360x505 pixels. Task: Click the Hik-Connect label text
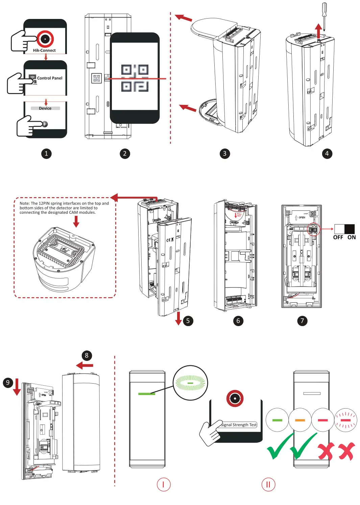[x=44, y=50]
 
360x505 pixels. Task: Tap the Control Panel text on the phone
[x=50, y=78]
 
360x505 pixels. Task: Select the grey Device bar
[x=45, y=108]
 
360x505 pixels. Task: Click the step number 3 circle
[x=224, y=154]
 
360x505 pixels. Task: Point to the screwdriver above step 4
[x=324, y=15]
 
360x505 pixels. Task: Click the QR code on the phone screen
[x=135, y=78]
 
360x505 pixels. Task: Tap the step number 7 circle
[x=302, y=321]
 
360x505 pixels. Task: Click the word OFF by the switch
[x=338, y=237]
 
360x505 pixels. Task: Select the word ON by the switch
[x=352, y=237]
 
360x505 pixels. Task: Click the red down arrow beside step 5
[x=178, y=319]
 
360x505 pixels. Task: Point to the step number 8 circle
[x=87, y=355]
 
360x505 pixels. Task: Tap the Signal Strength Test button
[x=239, y=425]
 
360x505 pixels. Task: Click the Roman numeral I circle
[x=164, y=484]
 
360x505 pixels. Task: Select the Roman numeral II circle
[x=268, y=484]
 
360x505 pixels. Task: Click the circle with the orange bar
[x=300, y=420]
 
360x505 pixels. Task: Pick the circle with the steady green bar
[x=277, y=420]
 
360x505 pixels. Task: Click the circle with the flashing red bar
[x=345, y=420]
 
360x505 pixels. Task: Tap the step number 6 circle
[x=238, y=321]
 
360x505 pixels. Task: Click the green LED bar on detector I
[x=147, y=394]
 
